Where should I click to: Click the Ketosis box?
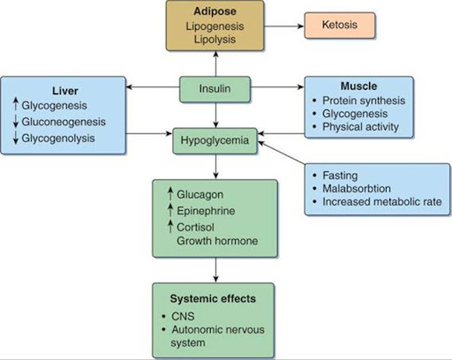coord(340,26)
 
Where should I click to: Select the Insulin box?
coord(215,89)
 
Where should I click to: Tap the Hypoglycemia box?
coord(215,141)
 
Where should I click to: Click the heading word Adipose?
coord(215,11)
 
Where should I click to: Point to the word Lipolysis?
coord(215,40)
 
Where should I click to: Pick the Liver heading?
coord(65,91)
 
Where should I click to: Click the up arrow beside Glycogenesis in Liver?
coord(16,105)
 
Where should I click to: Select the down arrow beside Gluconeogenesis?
coord(16,122)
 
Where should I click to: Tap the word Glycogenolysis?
coord(58,139)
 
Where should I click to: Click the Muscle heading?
coord(358,86)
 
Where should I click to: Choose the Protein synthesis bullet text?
coord(364,101)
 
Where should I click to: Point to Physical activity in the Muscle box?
coord(360,127)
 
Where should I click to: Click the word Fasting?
coord(340,176)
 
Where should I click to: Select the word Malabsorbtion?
coord(357,189)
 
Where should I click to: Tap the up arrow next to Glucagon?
coord(170,194)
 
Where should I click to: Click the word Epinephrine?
coord(206,211)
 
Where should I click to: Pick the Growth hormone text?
coord(217,241)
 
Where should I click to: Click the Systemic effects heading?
coord(213,299)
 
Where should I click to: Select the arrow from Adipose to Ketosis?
coord(284,26)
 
